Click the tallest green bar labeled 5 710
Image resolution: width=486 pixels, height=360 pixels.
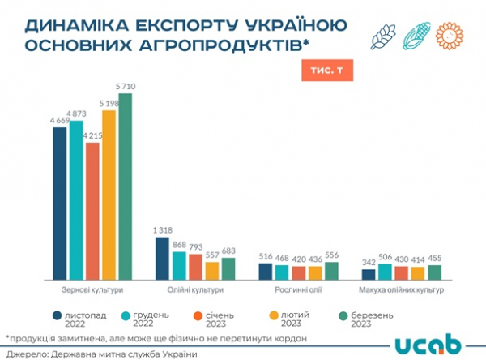point(124,186)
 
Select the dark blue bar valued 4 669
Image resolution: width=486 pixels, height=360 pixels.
point(59,203)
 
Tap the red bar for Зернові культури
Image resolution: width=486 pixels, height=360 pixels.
point(92,211)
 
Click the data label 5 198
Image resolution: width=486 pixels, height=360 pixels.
point(108,104)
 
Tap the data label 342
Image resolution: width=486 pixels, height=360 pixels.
point(368,263)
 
